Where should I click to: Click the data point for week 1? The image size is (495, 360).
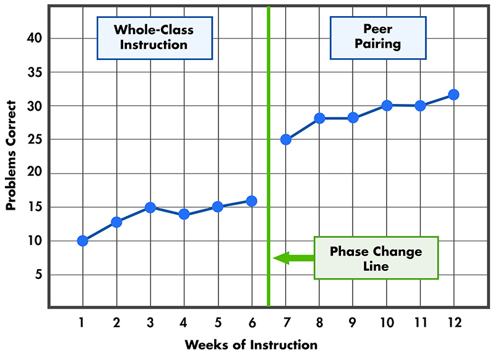[82, 241]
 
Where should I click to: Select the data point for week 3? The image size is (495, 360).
[150, 207]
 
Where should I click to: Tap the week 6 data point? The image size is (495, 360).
[251, 200]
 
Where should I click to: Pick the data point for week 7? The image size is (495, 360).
[285, 139]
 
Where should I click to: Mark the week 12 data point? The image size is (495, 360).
[454, 95]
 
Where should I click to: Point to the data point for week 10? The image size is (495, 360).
[386, 105]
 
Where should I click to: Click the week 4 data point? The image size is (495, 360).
[184, 214]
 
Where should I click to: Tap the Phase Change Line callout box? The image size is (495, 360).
[376, 258]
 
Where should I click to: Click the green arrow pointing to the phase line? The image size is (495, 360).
[293, 258]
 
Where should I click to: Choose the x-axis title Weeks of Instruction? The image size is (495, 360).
[251, 345]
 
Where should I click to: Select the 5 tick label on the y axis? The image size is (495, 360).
[37, 275]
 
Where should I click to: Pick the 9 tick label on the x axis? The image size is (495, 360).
[353, 322]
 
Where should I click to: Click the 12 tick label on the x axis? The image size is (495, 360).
[454, 322]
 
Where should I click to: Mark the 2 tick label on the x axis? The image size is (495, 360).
[116, 322]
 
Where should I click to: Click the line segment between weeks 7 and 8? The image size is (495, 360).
[302, 129]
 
